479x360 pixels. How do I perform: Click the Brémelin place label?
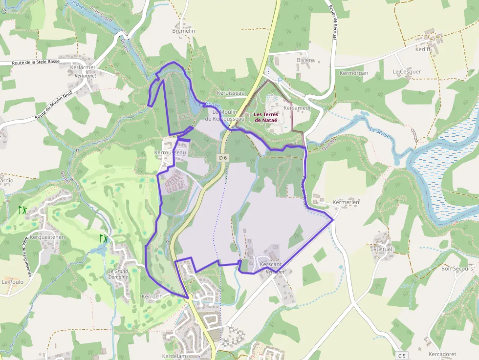click(x=184, y=31)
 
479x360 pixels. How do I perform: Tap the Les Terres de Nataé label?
click(x=265, y=117)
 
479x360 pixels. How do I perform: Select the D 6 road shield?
click(x=223, y=157)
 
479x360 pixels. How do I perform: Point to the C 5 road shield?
click(x=402, y=356)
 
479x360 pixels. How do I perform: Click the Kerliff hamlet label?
click(x=423, y=50)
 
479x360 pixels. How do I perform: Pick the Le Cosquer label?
click(x=406, y=71)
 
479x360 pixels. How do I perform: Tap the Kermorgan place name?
click(x=353, y=73)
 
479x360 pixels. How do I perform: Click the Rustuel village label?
click(x=383, y=249)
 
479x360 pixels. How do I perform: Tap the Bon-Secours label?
click(x=457, y=268)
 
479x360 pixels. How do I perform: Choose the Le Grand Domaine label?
click(x=118, y=274)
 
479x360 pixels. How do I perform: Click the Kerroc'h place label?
click(x=152, y=296)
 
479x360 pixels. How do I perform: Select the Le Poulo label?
click(x=12, y=282)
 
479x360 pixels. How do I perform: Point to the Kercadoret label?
click(x=442, y=354)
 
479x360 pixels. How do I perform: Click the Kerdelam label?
click(x=174, y=356)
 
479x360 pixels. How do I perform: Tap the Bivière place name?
click(x=305, y=60)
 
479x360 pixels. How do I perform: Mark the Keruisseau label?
click(x=231, y=93)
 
